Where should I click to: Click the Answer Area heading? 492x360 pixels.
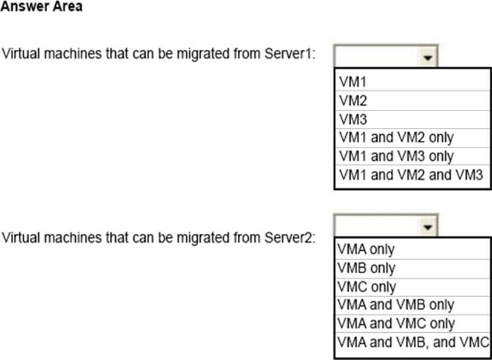(x=41, y=7)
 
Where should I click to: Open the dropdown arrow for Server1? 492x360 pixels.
(x=428, y=58)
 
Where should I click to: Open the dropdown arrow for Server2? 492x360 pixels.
(x=428, y=227)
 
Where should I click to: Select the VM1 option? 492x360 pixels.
(x=352, y=81)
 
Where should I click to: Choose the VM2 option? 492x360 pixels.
(x=352, y=100)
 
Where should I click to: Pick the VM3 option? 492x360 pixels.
(x=352, y=118)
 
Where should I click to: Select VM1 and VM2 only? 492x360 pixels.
(x=395, y=137)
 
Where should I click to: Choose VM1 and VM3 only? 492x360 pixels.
(x=395, y=156)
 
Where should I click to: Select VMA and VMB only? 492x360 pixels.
(x=395, y=305)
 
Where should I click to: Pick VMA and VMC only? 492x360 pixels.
(x=395, y=324)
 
